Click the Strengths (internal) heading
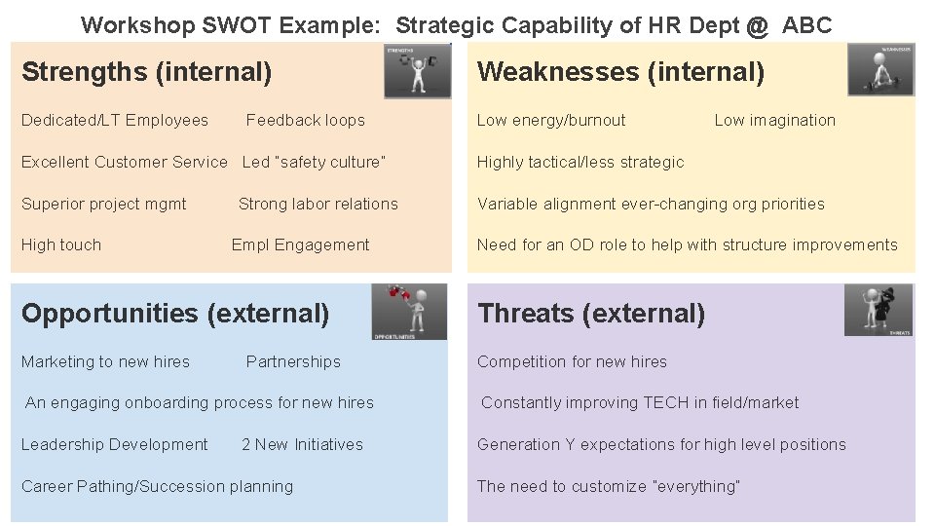[146, 72]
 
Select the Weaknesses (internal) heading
[620, 72]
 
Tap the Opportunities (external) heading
[175, 314]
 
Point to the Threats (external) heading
[591, 314]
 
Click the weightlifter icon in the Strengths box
[417, 71]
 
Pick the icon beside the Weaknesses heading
[880, 69]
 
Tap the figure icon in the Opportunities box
[409, 312]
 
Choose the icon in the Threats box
[879, 310]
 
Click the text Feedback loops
[305, 121]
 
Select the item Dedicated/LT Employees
[115, 121]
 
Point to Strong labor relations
[318, 205]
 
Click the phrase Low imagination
[774, 121]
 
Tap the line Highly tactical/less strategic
[580, 163]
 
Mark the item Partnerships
[293, 362]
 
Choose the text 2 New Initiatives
[302, 445]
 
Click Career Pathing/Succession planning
[157, 487]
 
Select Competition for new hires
[572, 362]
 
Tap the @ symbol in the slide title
[758, 25]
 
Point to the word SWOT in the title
[237, 25]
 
